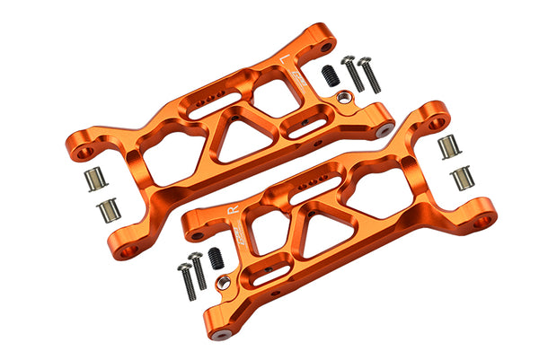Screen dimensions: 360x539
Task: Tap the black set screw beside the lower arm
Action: (215, 259)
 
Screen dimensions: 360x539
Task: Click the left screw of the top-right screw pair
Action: (353, 74)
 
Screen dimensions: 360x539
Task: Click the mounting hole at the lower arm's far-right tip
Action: (483, 219)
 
